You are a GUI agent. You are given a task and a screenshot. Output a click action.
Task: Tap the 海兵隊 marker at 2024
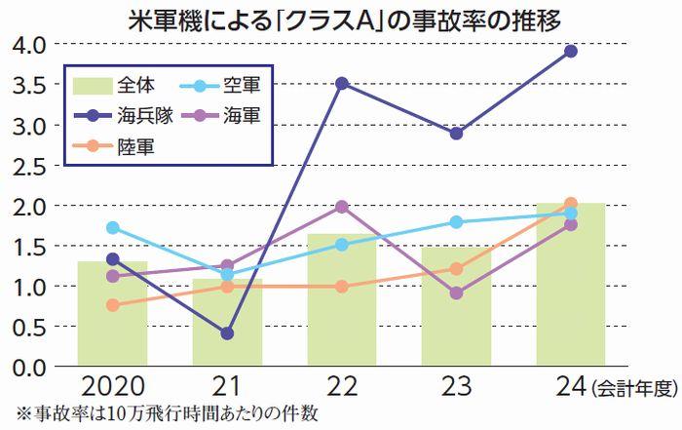pyautogui.click(x=571, y=51)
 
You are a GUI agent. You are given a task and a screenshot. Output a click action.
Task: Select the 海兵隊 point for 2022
pyautogui.click(x=341, y=84)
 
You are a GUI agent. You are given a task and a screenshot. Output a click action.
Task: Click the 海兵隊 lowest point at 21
pyautogui.click(x=227, y=333)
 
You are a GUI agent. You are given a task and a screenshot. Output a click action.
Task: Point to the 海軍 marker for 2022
pyautogui.click(x=341, y=207)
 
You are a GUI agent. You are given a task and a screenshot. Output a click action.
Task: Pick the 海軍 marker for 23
pyautogui.click(x=456, y=293)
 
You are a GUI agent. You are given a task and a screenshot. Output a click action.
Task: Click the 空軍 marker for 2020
pyautogui.click(x=113, y=228)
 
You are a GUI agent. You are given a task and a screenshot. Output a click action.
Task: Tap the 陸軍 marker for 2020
pyautogui.click(x=113, y=305)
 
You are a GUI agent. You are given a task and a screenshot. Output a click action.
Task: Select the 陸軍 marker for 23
pyautogui.click(x=456, y=269)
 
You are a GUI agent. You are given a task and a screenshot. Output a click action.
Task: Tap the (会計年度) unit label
pyautogui.click(x=632, y=389)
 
